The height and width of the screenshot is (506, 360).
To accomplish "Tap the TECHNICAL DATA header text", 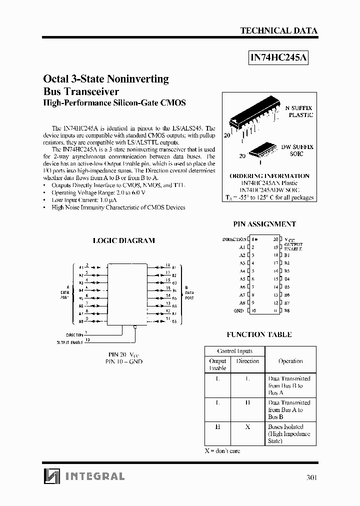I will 278,30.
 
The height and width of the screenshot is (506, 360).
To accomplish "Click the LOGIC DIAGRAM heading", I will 124,240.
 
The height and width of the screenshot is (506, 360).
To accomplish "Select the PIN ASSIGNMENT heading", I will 264,224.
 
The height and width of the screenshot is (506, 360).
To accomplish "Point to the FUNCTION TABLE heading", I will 259,334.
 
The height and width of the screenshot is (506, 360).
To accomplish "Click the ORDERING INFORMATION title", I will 269,176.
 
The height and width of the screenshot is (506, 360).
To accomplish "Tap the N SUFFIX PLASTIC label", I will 299,111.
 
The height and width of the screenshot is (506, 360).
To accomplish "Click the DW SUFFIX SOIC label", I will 297,150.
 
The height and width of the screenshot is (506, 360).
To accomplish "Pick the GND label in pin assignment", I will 238,311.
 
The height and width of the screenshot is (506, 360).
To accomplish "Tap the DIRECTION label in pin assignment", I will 234,239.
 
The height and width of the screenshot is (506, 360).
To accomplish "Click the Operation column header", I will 290,361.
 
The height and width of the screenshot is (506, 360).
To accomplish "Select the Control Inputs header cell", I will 234,351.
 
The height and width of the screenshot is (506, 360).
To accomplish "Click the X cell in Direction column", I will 247,427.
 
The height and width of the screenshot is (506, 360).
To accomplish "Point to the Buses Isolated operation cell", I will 289,434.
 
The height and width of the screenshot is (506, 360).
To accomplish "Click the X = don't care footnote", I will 222,451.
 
